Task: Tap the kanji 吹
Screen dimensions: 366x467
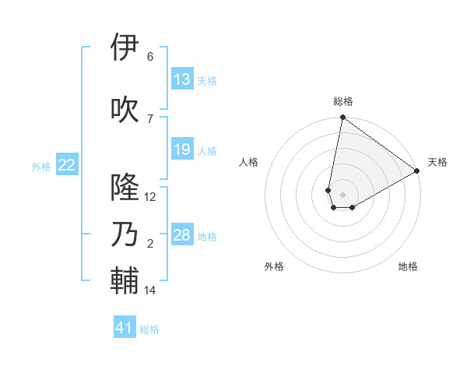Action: point(125,109)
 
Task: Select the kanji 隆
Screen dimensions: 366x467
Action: point(125,188)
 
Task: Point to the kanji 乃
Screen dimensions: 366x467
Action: point(125,234)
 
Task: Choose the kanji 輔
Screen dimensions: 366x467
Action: point(125,281)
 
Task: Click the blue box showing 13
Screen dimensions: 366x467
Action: point(182,79)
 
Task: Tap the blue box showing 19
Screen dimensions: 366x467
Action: point(182,150)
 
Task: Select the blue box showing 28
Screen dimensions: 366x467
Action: point(182,235)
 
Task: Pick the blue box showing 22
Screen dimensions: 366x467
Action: point(67,164)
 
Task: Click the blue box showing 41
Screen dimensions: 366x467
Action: point(125,328)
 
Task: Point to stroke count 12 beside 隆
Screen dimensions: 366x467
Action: point(150,197)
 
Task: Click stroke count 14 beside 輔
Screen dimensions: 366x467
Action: point(150,290)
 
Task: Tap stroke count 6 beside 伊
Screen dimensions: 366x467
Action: point(150,56)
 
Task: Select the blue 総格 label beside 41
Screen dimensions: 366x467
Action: point(149,329)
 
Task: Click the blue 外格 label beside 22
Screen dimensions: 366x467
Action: point(41,166)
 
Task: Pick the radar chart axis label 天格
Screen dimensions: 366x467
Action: point(437,162)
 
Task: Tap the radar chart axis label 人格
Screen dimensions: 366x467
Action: point(249,162)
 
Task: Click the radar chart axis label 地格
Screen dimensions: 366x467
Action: point(408,266)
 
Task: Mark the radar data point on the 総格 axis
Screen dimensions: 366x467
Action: point(342,118)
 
